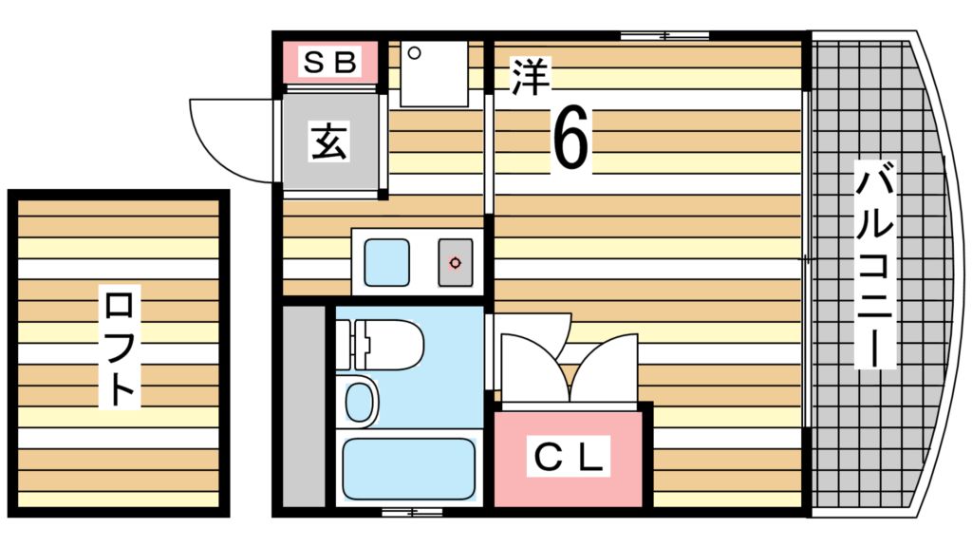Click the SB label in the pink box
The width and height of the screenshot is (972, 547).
coord(329,63)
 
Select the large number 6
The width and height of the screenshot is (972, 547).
coord(570,139)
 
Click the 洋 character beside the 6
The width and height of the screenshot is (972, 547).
coord(532,78)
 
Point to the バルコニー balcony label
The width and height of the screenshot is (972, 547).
coord(874,266)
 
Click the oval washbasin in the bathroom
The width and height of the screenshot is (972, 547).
coord(360,403)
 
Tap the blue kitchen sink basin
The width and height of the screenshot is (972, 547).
coord(387,261)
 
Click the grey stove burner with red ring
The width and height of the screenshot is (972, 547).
coord(456,262)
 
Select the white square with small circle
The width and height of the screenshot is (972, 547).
coord(434,74)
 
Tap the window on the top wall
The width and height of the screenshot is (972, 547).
coord(664,36)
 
